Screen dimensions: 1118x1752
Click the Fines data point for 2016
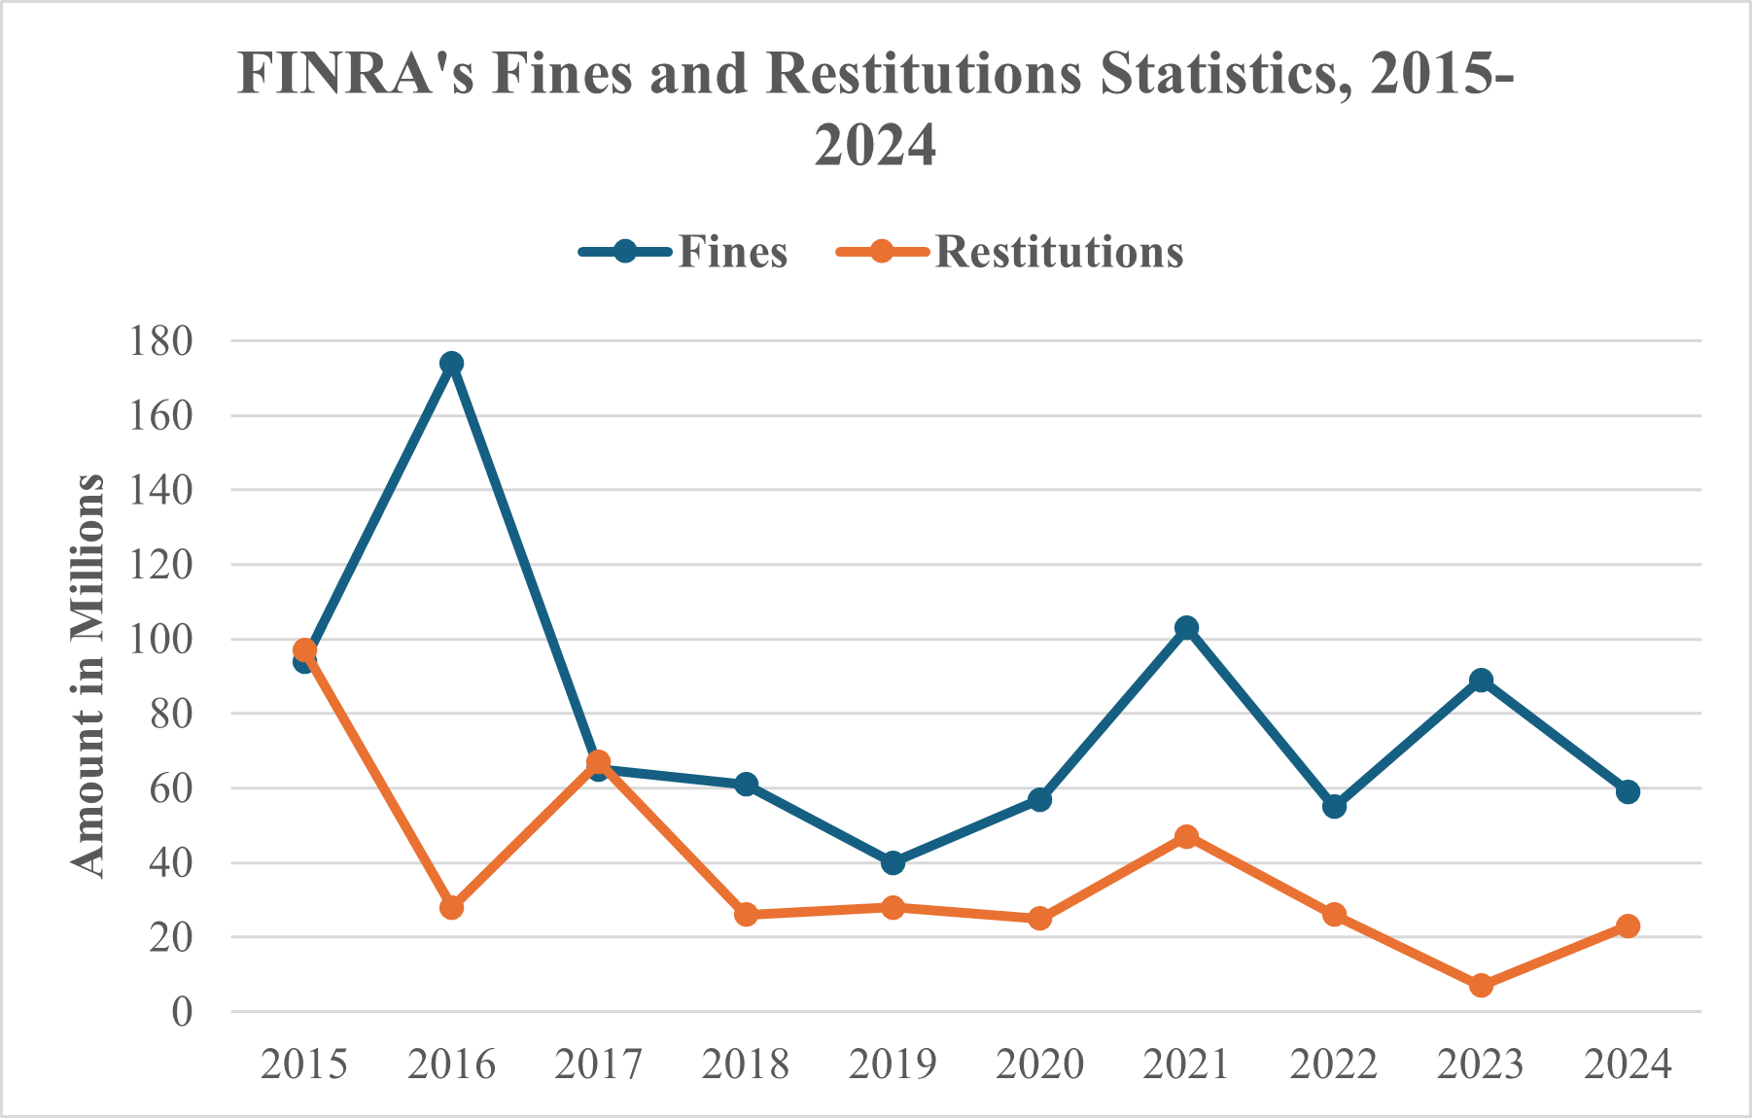click(x=451, y=364)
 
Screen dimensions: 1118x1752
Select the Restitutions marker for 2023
click(x=1481, y=986)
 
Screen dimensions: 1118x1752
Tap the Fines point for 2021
click(x=1186, y=628)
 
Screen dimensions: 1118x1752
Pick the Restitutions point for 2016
click(x=451, y=907)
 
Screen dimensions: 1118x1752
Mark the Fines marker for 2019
click(x=893, y=862)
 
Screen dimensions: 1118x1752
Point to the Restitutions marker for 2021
click(x=1186, y=836)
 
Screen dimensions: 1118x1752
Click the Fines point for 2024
click(x=1628, y=791)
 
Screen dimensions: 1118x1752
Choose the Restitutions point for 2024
click(x=1628, y=926)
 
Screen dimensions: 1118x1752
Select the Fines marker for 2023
click(x=1481, y=680)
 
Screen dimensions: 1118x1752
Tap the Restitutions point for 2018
click(x=746, y=915)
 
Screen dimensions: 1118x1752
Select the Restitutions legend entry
click(x=1011, y=252)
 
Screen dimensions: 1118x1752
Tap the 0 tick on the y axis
click(x=182, y=1012)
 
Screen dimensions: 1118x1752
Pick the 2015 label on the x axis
click(x=304, y=1065)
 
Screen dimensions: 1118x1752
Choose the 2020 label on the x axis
click(x=1039, y=1065)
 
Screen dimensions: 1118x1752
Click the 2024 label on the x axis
click(x=1628, y=1065)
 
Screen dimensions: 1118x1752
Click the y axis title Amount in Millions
click(x=88, y=676)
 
